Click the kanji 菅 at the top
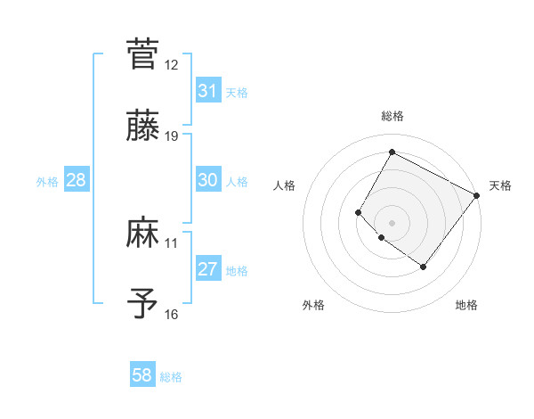click(142, 53)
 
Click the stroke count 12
click(172, 65)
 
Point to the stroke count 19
click(172, 136)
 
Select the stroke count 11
click(172, 242)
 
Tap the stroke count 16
click(172, 314)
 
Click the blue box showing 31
click(207, 91)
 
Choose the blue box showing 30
click(207, 180)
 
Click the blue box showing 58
click(142, 375)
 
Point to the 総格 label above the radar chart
click(392, 116)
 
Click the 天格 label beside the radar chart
click(500, 185)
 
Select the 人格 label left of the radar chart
click(285, 185)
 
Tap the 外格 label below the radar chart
click(313, 305)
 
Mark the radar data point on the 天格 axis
click(476, 195)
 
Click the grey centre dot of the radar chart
click(392, 222)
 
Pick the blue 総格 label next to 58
click(171, 377)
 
